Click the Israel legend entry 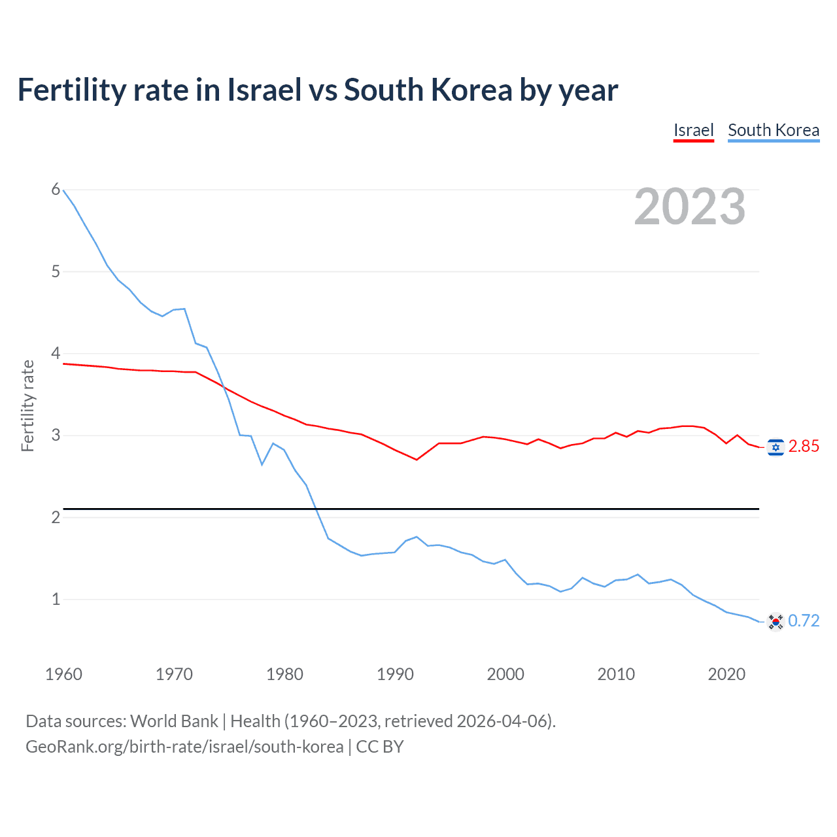[x=693, y=130]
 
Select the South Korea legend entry [x=774, y=130]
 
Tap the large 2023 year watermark [x=690, y=207]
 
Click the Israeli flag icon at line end [x=776, y=447]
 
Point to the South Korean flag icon [x=776, y=621]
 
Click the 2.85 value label [x=804, y=447]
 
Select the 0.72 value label [x=804, y=621]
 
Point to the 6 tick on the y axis [x=56, y=190]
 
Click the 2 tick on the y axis [x=56, y=517]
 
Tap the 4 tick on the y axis [x=56, y=354]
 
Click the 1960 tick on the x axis [x=63, y=674]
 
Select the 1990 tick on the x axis [x=395, y=674]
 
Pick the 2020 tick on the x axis [x=726, y=674]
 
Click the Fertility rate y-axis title [x=27, y=405]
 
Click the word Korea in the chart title [x=470, y=90]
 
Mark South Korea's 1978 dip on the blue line [x=262, y=464]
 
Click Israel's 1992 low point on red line [x=417, y=460]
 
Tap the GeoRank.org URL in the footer [x=184, y=747]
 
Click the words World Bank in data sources [x=174, y=721]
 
